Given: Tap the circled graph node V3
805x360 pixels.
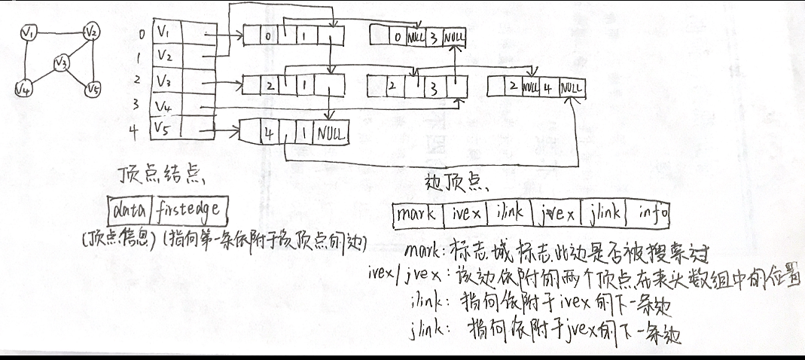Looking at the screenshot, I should point(62,63).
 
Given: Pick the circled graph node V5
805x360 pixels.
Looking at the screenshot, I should point(93,90).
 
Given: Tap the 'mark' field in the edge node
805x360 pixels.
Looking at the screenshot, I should point(418,215).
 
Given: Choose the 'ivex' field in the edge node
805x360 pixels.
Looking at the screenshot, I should point(466,215).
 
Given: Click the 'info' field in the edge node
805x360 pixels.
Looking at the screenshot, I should point(652,215).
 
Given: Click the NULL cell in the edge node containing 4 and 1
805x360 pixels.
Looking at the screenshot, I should point(332,136).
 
